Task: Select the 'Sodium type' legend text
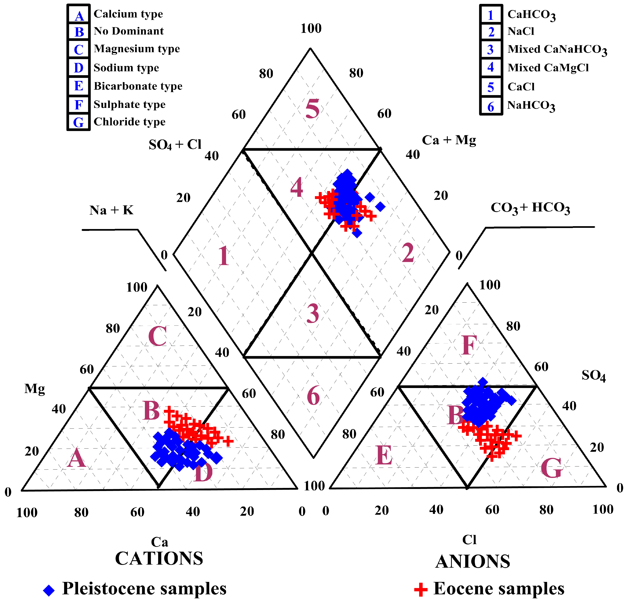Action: pyautogui.click(x=126, y=68)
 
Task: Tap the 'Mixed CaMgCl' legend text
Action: pyautogui.click(x=548, y=68)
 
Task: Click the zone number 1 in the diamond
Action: pyautogui.click(x=224, y=256)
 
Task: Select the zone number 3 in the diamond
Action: pyautogui.click(x=312, y=313)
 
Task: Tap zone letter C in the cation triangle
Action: pyautogui.click(x=157, y=336)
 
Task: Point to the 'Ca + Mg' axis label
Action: pyautogui.click(x=449, y=140)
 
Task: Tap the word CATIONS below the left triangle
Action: pyautogui.click(x=159, y=558)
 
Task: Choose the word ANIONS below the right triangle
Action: pyautogui.click(x=472, y=561)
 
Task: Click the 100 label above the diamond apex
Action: pyautogui.click(x=311, y=28)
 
